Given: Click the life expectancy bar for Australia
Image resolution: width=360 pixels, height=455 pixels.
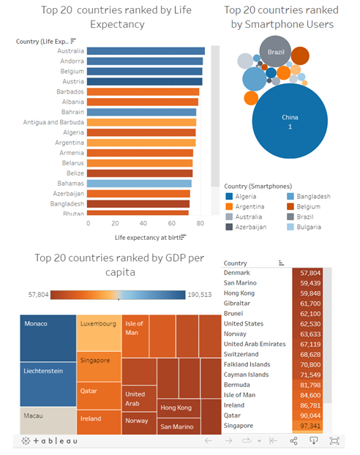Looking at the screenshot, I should (146, 51).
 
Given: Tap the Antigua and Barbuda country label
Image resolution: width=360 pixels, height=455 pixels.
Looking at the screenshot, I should (53, 122).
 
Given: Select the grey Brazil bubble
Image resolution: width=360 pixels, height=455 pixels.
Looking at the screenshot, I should (276, 51).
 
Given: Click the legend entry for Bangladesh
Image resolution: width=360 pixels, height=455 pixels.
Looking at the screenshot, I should (312, 197).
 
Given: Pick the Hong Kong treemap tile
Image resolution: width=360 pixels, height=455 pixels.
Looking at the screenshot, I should (176, 407).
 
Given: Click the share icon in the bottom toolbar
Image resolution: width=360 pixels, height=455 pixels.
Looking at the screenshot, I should (293, 441).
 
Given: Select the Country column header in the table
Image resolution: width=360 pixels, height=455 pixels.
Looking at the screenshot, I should (236, 263).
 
